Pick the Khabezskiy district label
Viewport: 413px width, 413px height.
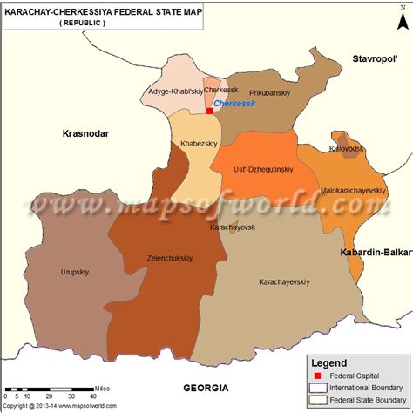(199, 143)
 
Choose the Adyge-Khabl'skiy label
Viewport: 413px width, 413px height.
(174, 91)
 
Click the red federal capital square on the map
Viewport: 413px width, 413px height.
(210, 111)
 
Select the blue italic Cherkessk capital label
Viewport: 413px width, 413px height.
(234, 103)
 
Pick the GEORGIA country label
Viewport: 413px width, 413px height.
(206, 387)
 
